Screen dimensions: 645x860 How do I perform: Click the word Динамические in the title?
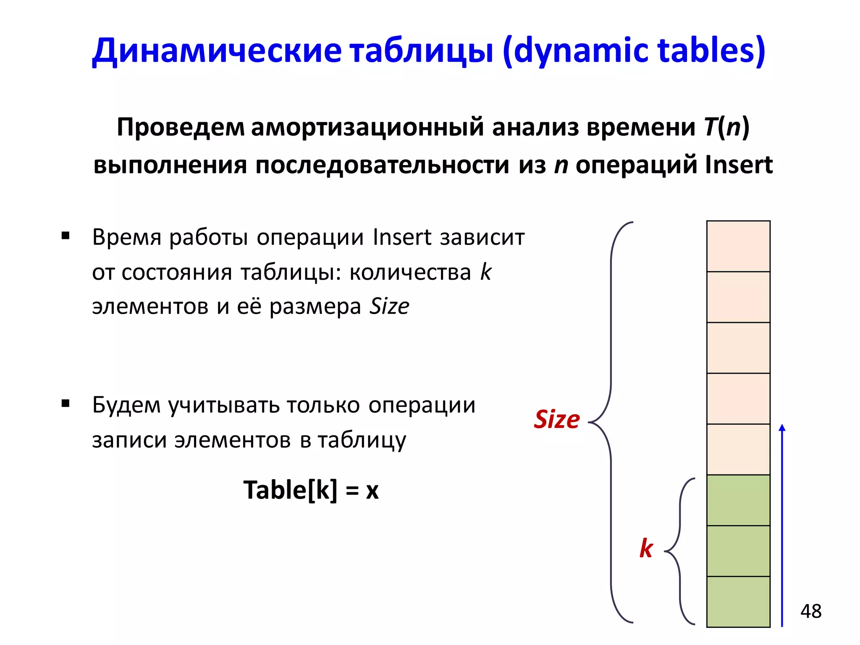[x=217, y=50]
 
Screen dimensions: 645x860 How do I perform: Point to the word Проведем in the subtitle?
[x=181, y=127]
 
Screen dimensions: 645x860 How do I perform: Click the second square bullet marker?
[x=65, y=404]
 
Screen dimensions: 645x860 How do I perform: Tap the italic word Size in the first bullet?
[x=389, y=306]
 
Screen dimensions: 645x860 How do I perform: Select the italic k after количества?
[x=485, y=272]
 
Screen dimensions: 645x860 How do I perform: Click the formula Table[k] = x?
[x=311, y=490]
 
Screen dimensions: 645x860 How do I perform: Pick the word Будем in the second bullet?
[x=126, y=405]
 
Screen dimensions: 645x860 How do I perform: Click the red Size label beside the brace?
[x=556, y=419]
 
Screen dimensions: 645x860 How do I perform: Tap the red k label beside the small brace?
[x=646, y=548]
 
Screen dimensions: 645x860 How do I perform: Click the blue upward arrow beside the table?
[x=782, y=525]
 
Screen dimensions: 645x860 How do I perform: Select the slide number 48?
[x=810, y=611]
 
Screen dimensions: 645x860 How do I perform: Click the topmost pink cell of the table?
[x=738, y=246]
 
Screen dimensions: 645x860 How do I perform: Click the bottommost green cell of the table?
[x=738, y=601]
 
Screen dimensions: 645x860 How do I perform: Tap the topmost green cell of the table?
[x=738, y=500]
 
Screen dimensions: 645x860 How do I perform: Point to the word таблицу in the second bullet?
[x=362, y=440]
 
